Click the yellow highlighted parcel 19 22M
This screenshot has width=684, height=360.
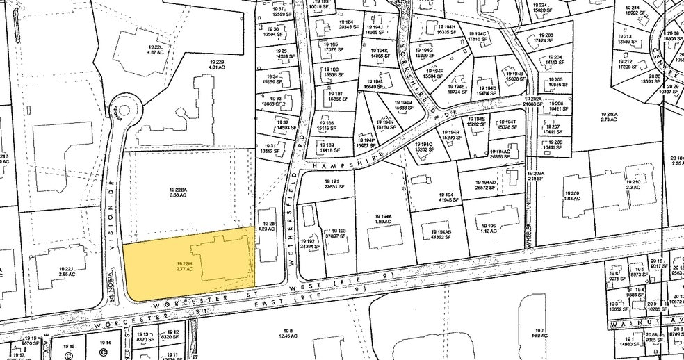(184, 266)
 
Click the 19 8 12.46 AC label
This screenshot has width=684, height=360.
(287, 333)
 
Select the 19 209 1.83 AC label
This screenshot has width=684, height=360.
(571, 196)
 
